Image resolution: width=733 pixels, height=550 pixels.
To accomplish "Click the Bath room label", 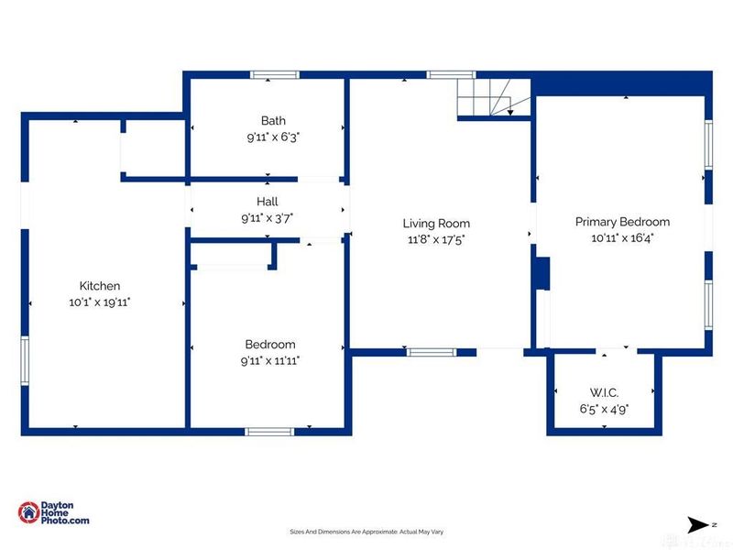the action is tap(273, 121).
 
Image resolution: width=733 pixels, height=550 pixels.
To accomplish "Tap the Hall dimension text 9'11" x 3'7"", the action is tap(268, 218).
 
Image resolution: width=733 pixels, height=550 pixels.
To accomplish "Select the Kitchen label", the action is tap(100, 286).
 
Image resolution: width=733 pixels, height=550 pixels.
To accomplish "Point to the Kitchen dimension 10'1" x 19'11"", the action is tap(100, 302).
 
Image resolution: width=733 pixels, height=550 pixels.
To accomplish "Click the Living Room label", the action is tap(436, 224).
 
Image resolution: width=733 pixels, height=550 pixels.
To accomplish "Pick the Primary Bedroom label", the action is tap(622, 222).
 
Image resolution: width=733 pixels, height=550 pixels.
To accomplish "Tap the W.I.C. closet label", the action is tap(604, 392).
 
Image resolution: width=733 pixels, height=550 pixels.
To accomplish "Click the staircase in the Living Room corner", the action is tap(494, 97).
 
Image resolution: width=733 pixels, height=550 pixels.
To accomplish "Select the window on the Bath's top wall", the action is tap(274, 75).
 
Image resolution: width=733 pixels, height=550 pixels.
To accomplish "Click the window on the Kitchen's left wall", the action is tap(25, 360).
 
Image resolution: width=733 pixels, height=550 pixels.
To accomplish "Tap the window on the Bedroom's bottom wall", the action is tap(269, 432).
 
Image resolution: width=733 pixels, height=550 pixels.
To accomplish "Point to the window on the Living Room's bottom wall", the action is tap(431, 352).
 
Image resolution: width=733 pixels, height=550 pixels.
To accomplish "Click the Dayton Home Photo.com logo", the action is tap(53, 512).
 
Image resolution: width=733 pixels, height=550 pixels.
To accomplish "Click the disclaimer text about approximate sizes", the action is tap(366, 532).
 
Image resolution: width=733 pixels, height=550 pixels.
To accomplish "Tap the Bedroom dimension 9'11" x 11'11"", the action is tap(270, 360).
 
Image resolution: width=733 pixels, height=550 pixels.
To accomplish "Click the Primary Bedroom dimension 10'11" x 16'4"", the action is tap(622, 238).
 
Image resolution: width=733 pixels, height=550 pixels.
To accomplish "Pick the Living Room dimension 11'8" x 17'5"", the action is tap(436, 239).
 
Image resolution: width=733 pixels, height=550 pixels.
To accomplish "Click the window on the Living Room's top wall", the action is tap(451, 75).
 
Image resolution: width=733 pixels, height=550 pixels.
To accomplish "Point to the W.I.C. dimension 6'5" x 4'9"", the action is tap(604, 409).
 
